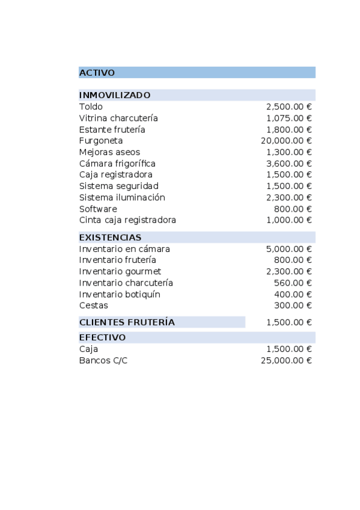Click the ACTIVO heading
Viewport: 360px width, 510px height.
point(97,73)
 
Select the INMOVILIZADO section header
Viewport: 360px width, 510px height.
point(115,95)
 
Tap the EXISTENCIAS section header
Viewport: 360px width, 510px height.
point(110,238)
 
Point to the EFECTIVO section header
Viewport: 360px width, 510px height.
point(102,337)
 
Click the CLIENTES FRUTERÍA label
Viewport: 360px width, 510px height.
point(127,322)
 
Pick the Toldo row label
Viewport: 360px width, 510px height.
point(91,106)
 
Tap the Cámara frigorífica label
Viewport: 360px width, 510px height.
point(117,164)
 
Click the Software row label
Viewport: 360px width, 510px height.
point(98,209)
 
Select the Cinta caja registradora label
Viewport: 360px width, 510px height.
point(127,220)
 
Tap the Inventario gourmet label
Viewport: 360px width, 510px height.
point(120,272)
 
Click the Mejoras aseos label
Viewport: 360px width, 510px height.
point(109,152)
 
